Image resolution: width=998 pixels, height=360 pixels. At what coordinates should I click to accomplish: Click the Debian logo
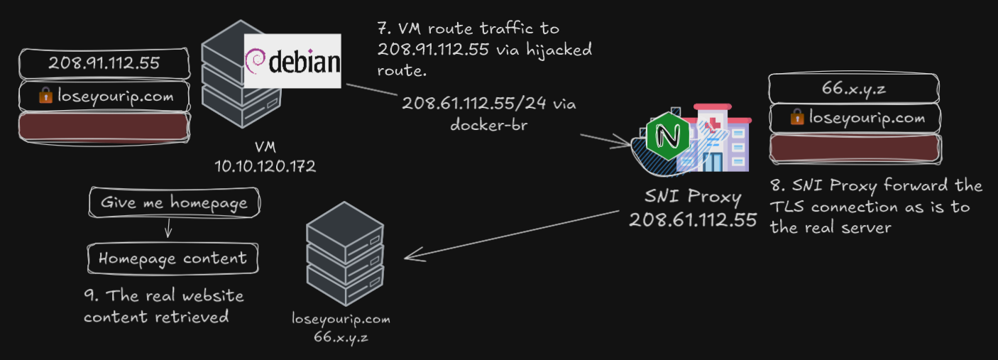292,60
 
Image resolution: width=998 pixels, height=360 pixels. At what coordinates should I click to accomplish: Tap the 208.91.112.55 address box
104,63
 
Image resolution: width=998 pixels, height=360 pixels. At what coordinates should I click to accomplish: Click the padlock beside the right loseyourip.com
797,118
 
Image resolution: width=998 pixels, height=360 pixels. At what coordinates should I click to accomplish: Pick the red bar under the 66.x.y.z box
855,148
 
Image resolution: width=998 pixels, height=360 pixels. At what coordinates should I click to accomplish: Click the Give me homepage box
173,203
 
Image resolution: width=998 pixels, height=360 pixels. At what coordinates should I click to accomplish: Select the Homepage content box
172,258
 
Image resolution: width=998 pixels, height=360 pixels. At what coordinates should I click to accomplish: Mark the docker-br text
489,123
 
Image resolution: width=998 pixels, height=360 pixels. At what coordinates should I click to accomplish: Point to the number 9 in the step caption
89,296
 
